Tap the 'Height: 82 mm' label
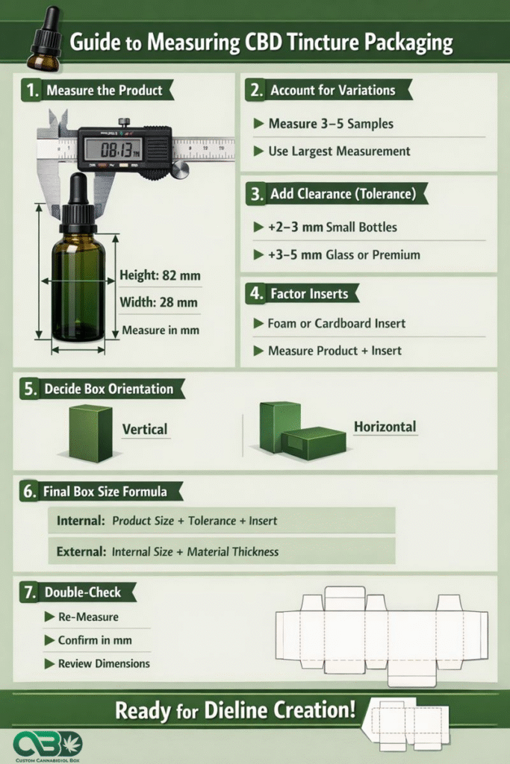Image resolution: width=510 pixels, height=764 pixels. [x=160, y=276]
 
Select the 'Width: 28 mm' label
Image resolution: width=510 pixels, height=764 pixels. [x=158, y=303]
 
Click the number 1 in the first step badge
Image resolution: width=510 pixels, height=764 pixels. [x=32, y=90]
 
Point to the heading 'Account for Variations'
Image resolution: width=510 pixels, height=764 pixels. [x=333, y=90]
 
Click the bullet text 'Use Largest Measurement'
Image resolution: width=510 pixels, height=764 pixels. [x=339, y=151]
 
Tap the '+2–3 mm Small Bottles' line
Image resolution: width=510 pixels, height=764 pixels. [x=332, y=228]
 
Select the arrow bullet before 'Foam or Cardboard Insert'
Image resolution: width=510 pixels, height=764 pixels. [x=258, y=323]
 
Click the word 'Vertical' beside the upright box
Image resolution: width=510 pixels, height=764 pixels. [x=144, y=429]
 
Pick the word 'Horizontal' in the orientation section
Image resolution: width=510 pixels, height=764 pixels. [x=385, y=427]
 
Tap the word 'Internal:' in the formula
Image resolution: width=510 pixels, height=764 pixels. [x=81, y=521]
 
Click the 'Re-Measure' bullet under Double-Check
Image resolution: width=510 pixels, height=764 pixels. [x=88, y=617]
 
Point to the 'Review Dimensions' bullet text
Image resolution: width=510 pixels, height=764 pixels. [x=104, y=663]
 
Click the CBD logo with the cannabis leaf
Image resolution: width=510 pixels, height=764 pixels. [x=47, y=744]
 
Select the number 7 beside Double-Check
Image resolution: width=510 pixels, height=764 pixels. [x=30, y=592]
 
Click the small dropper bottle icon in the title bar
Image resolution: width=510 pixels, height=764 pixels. [x=45, y=40]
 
